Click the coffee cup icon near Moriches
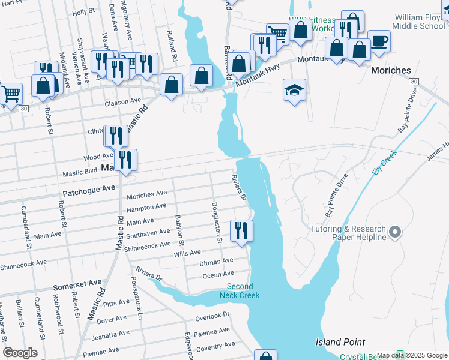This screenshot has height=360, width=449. [379, 41]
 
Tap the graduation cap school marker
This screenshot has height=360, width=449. [294, 90]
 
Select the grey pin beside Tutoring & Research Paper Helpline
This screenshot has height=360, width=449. [394, 232]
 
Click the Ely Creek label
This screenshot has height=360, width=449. [385, 161]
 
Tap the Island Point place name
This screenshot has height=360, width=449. [340, 342]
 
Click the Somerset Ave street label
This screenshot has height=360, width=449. [77, 282]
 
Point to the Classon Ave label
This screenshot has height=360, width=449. [122, 103]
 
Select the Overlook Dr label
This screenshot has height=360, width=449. [212, 315]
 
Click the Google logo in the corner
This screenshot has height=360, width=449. [20, 353]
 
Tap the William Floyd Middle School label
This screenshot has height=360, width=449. [421, 22]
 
